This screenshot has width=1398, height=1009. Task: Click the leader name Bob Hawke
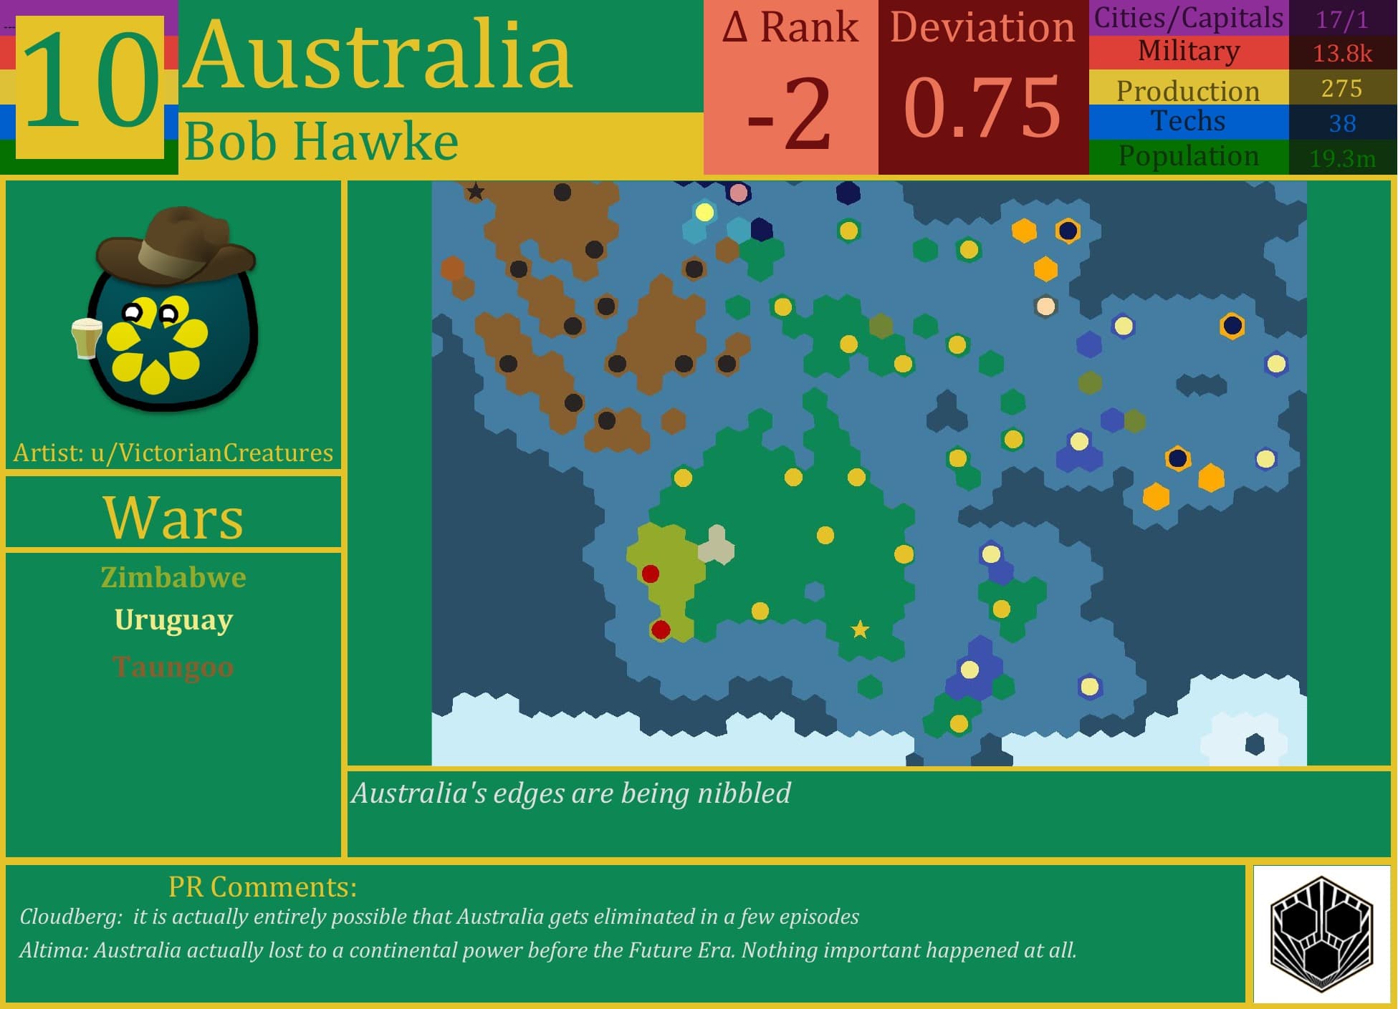(321, 142)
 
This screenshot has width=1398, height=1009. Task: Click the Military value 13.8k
(1342, 54)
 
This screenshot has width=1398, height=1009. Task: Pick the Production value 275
(1341, 88)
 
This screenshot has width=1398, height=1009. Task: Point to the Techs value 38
(1342, 123)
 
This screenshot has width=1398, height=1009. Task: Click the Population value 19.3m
(1342, 158)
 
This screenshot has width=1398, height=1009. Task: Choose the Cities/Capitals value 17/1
(1342, 19)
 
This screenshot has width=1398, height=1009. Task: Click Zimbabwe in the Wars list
(173, 577)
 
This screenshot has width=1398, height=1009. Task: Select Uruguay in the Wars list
(173, 619)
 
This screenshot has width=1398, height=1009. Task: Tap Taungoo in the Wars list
(173, 667)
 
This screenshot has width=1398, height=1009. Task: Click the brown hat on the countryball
(176, 243)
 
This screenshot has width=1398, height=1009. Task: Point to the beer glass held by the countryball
(86, 337)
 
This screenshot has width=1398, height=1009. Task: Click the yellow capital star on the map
(860, 629)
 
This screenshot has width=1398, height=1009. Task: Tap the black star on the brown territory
(475, 192)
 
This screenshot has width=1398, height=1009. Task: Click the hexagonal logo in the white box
(1321, 933)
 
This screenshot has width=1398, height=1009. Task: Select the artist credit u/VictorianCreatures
(212, 453)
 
